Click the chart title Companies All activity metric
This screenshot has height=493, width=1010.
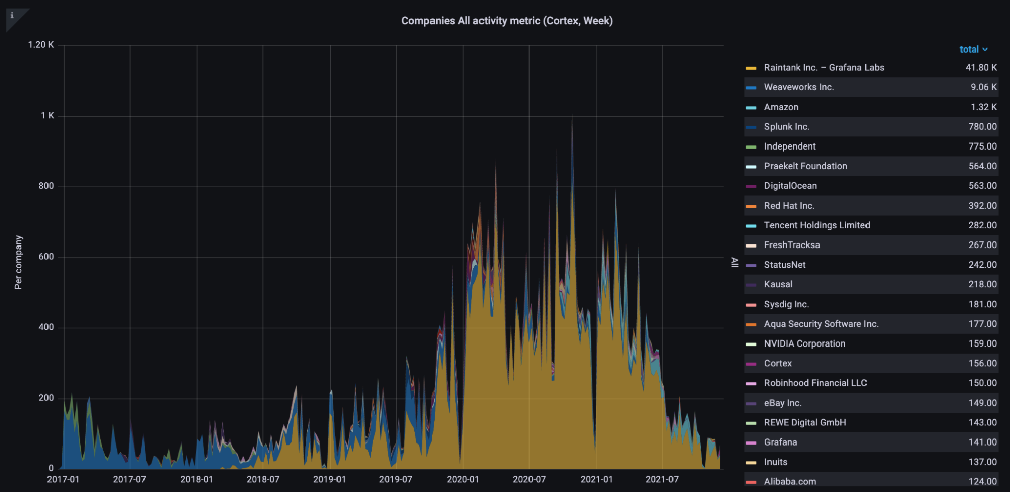507,21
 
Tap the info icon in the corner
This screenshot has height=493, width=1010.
12,15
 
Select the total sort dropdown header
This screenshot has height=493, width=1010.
973,49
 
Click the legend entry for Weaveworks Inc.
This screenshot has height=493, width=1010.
799,87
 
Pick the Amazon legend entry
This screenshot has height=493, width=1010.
781,107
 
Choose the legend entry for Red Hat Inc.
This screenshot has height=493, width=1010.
789,206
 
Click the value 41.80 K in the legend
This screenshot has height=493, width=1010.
981,68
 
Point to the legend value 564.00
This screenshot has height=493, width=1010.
982,166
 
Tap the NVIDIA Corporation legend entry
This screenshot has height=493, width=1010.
804,343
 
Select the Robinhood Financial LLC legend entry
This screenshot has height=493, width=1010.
815,383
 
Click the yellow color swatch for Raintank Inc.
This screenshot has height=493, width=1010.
751,68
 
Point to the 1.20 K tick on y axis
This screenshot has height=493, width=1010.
41,45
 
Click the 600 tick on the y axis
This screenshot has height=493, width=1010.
46,257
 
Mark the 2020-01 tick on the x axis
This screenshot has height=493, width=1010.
463,479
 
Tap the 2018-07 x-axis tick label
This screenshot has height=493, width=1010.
263,479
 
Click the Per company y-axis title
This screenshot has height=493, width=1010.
18,263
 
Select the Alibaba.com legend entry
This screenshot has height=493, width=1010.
790,481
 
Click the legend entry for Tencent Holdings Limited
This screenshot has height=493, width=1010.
816,225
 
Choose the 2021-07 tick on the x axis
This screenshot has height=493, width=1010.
662,479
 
